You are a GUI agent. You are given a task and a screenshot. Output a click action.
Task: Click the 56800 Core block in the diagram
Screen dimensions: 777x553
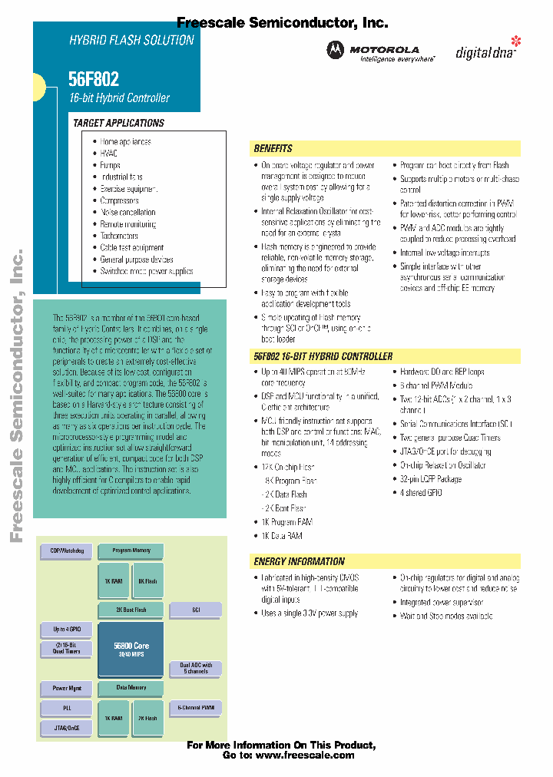(x=131, y=650)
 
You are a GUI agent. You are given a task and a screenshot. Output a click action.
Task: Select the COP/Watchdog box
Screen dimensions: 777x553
(x=67, y=551)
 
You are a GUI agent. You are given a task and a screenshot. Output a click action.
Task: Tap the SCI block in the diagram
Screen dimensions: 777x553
(x=196, y=610)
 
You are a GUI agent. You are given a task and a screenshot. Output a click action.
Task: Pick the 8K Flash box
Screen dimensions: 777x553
(x=147, y=581)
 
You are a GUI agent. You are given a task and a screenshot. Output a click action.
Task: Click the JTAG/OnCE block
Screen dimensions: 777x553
(x=67, y=727)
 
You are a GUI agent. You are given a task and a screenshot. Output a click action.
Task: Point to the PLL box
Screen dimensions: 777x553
(x=67, y=708)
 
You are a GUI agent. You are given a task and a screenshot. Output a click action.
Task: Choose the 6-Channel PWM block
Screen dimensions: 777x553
(x=196, y=707)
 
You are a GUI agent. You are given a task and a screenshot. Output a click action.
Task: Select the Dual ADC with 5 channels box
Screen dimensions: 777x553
(x=196, y=668)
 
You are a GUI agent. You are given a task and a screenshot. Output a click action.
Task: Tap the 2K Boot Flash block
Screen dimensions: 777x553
(x=131, y=610)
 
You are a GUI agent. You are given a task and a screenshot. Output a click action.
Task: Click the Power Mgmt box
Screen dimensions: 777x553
(x=67, y=688)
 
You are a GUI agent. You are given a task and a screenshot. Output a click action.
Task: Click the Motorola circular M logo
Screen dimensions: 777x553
(x=336, y=50)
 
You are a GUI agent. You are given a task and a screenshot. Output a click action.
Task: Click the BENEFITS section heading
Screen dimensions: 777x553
(x=273, y=148)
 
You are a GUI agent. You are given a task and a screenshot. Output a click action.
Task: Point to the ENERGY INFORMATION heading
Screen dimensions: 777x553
(x=299, y=561)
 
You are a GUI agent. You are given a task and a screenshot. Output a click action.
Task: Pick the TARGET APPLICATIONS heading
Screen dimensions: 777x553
(x=118, y=123)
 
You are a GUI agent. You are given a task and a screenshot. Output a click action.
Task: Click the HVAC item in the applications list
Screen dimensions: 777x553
(x=108, y=154)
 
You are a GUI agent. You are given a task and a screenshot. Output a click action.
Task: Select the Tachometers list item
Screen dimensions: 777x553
(x=119, y=236)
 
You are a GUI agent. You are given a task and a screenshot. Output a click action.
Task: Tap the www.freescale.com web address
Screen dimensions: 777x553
(x=305, y=755)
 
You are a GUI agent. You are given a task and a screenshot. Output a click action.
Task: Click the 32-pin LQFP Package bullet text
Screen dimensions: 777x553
(x=430, y=479)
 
